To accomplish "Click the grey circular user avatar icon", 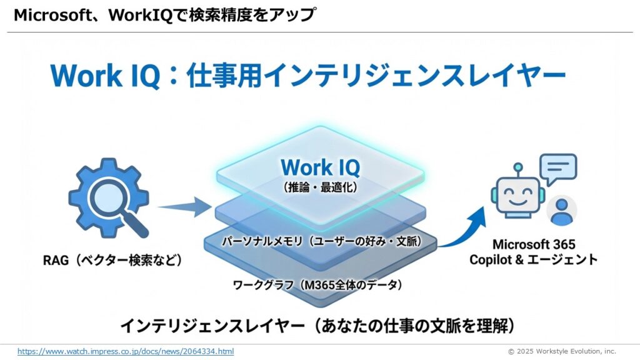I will (x=561, y=210).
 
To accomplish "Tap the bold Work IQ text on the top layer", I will (x=316, y=167).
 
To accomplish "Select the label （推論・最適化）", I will (x=316, y=186).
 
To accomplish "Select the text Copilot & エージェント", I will (x=533, y=259).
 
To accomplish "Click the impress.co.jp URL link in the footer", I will (x=126, y=351).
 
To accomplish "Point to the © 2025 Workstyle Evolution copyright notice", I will (x=561, y=351).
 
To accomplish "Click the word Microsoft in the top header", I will (x=49, y=16).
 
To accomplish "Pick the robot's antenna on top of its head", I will (x=517, y=168).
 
